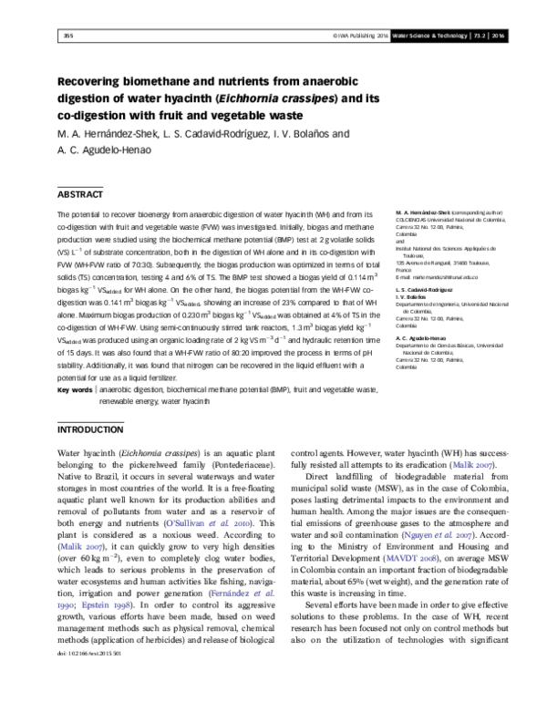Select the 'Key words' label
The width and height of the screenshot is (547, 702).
pos(75,389)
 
